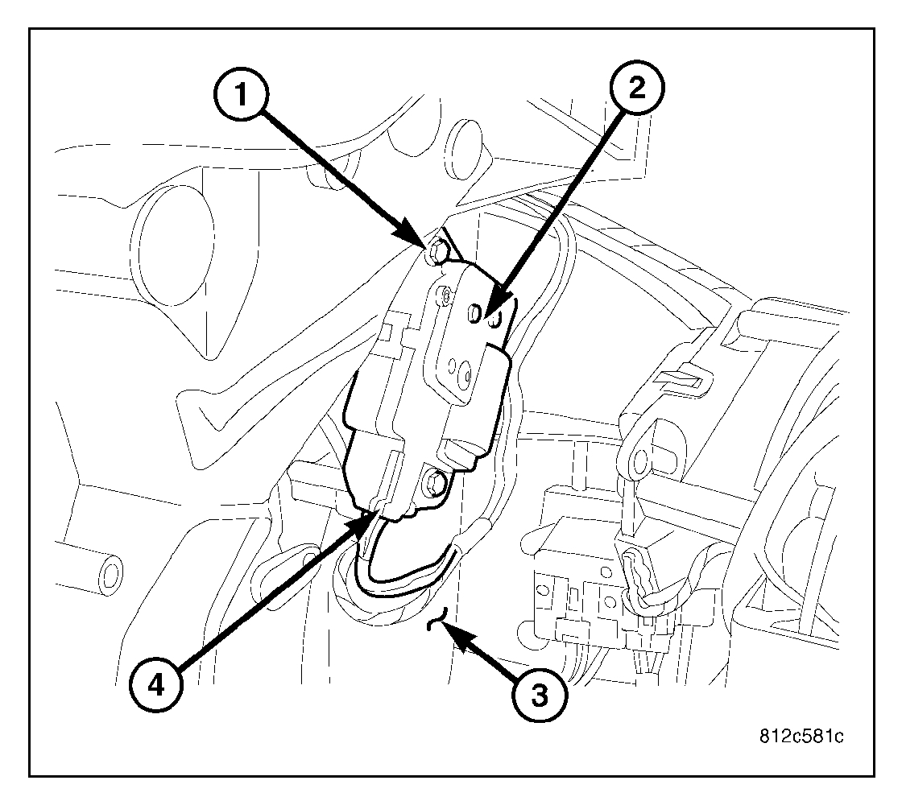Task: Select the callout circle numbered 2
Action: pyautogui.click(x=636, y=90)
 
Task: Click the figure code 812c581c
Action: pyautogui.click(x=801, y=737)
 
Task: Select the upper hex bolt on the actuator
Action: pyautogui.click(x=436, y=253)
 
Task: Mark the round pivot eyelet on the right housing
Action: pyautogui.click(x=642, y=460)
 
